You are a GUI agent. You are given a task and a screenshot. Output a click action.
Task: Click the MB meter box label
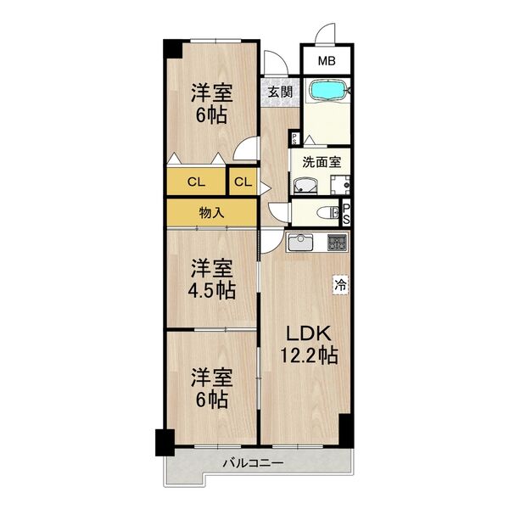(327, 61)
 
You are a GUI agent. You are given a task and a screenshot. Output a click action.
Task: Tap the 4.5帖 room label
(212, 280)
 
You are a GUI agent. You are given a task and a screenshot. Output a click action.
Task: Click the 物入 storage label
(211, 213)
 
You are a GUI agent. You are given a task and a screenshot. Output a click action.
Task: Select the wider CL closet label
(195, 181)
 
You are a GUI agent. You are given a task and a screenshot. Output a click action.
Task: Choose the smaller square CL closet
(242, 181)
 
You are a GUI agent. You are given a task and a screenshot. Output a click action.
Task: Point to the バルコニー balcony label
(253, 463)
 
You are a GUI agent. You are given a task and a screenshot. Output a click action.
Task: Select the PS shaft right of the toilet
(345, 214)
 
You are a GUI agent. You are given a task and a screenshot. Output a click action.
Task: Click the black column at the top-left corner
(172, 48)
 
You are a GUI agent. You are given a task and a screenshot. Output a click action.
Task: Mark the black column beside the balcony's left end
(163, 441)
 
